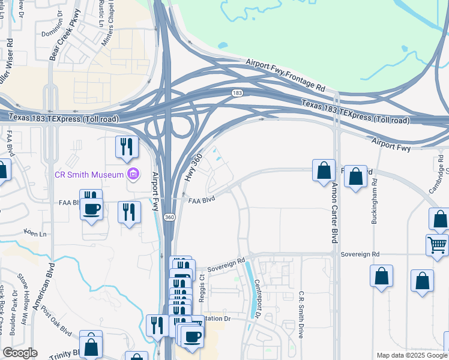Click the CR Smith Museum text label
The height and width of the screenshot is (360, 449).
click(89, 175)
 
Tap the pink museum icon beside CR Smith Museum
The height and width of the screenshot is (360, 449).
click(133, 175)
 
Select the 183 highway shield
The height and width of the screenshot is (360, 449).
click(238, 93)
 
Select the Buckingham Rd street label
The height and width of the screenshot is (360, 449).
click(375, 201)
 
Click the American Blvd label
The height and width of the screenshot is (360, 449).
click(44, 286)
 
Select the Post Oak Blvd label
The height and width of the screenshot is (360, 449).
click(58, 325)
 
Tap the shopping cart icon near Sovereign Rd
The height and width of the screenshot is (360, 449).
click(437, 245)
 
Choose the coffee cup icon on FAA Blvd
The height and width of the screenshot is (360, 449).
click(91, 209)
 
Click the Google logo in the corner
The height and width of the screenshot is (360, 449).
click(20, 353)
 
